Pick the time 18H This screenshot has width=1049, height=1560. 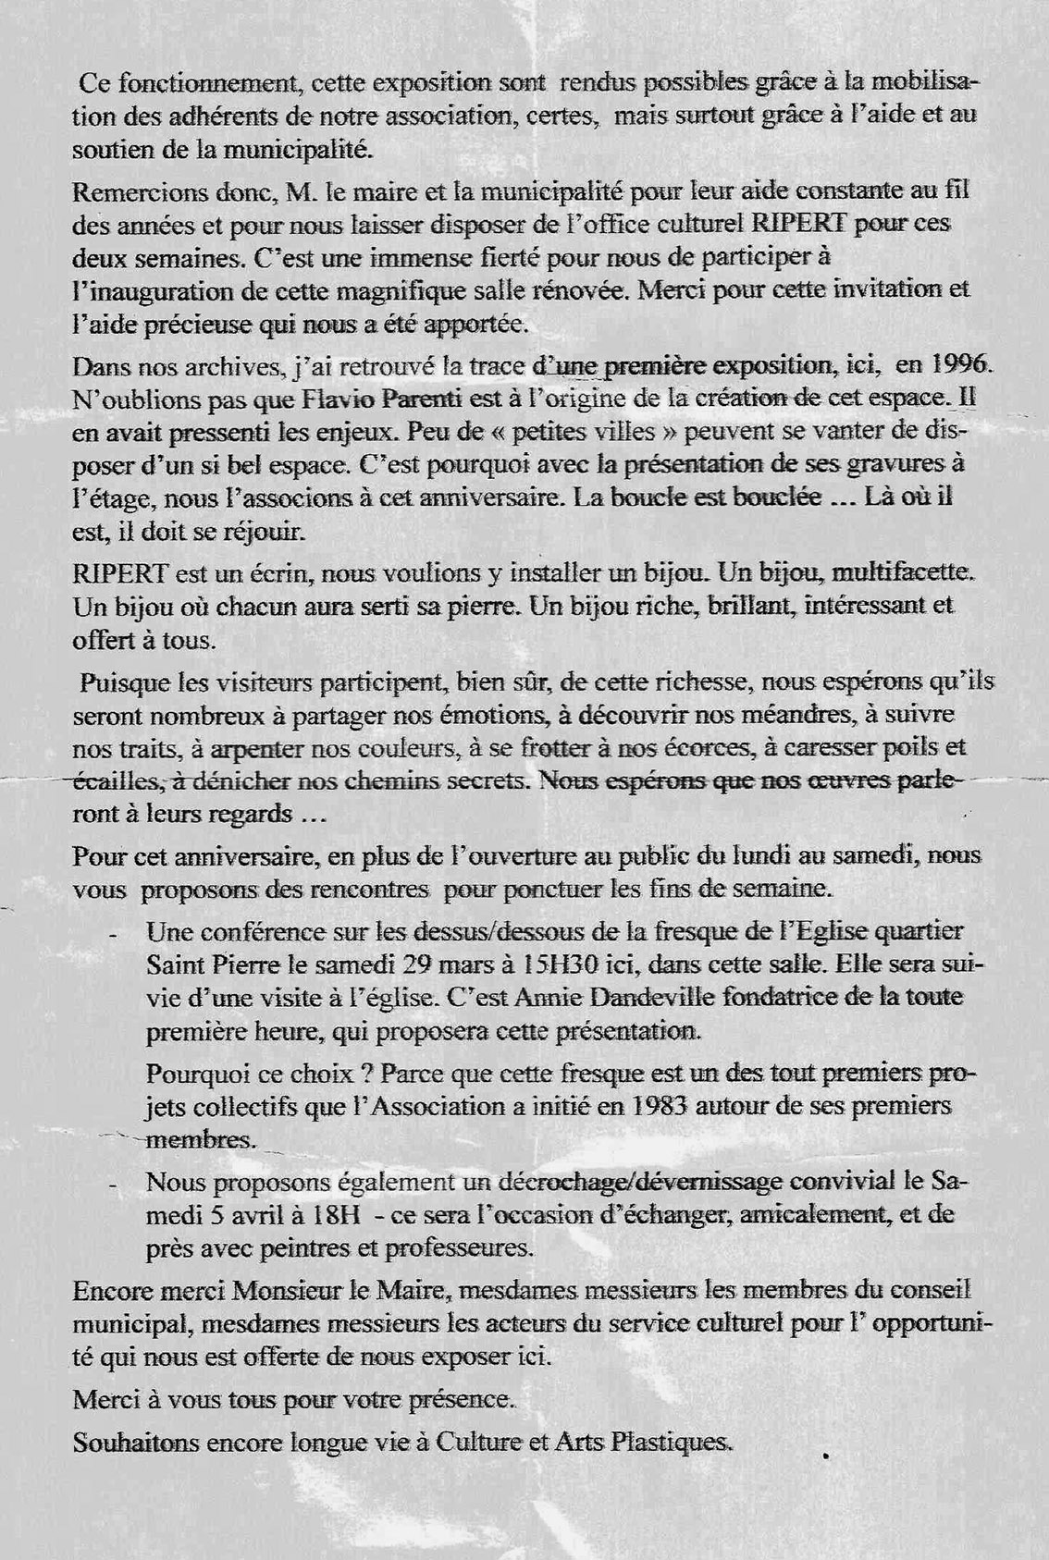(302, 1214)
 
